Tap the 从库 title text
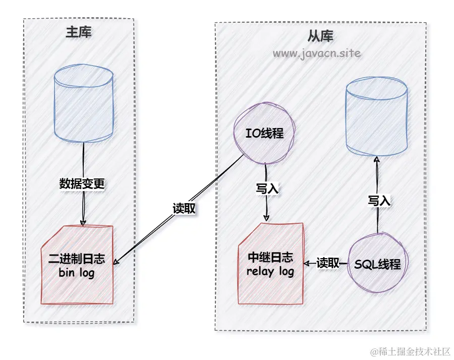[320, 36]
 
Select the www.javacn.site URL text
[317, 53]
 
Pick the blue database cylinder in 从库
[376, 117]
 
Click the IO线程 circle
[264, 134]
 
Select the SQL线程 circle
[377, 264]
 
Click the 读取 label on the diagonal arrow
[184, 208]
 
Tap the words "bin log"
[77, 273]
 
